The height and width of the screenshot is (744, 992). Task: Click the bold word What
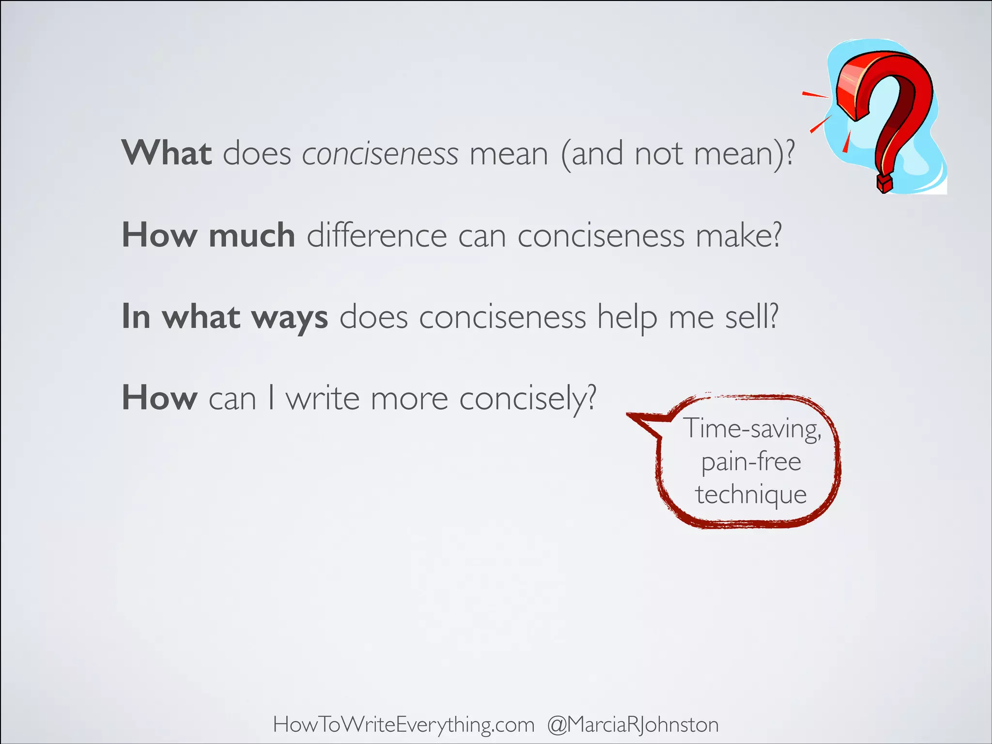click(166, 153)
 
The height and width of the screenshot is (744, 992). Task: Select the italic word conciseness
click(380, 154)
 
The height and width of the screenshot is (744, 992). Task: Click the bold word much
click(252, 235)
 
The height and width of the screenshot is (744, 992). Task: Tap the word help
click(627, 318)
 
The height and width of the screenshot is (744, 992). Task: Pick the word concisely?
click(527, 400)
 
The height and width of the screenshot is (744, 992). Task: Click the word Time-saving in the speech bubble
click(752, 429)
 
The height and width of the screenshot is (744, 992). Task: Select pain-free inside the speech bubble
click(751, 462)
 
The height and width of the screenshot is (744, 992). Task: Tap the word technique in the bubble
click(751, 495)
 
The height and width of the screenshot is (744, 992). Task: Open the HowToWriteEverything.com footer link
click(403, 725)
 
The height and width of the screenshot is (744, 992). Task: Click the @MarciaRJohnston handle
click(633, 725)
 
